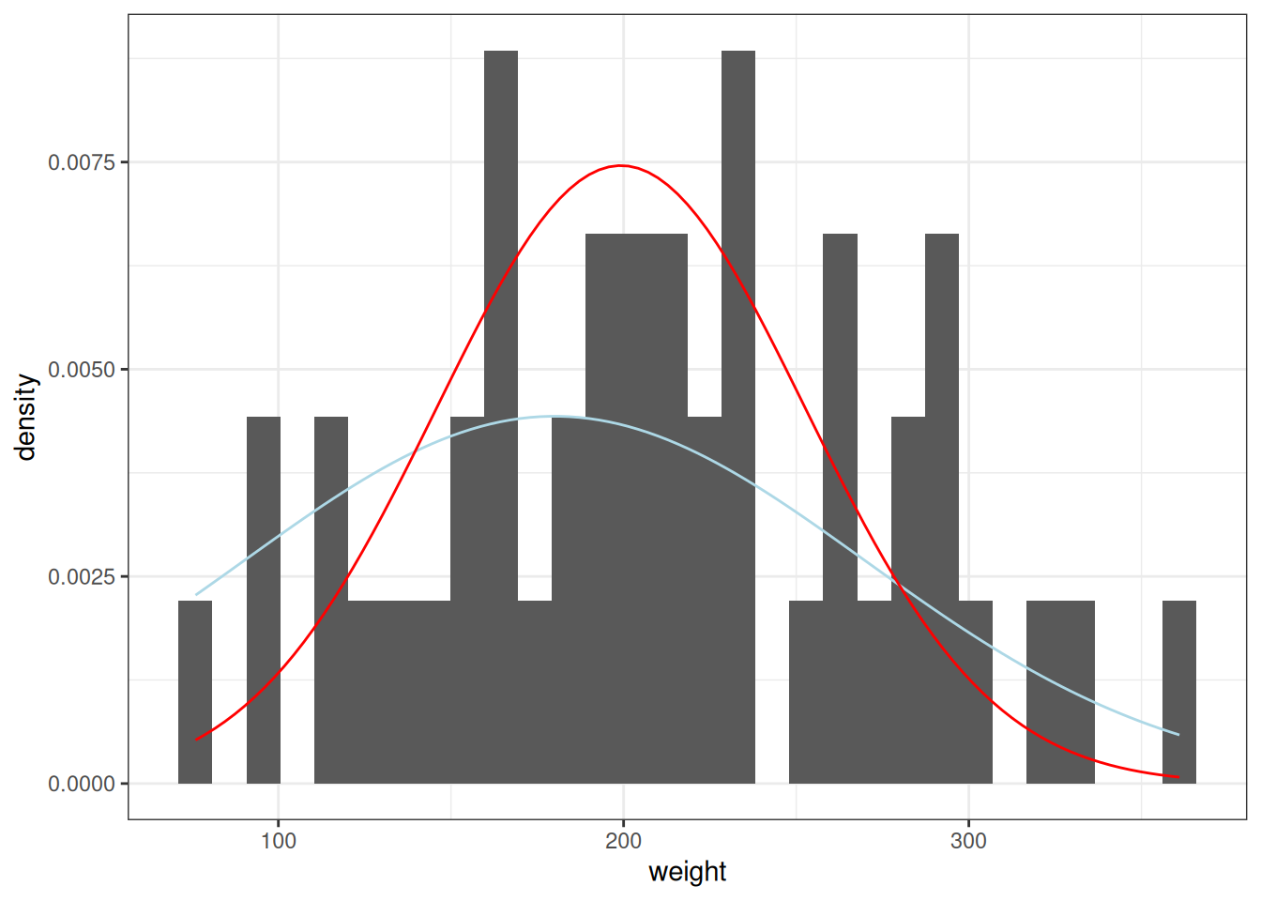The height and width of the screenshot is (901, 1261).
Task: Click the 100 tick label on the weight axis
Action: coord(278,840)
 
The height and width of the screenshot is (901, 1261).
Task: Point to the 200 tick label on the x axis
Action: coord(623,840)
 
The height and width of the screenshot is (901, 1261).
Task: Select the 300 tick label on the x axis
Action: coord(968,840)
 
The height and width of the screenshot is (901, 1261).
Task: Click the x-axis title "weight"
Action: coord(687,872)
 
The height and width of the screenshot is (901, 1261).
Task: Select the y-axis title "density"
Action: coord(25,417)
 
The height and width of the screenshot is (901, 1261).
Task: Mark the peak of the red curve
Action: coord(621,165)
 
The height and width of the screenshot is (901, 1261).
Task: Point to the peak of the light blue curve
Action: coord(554,416)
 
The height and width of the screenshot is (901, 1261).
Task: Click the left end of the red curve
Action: coord(196,741)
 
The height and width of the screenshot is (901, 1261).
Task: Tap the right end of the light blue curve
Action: coord(1178,734)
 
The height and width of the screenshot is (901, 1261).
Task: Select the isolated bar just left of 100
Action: coord(264,600)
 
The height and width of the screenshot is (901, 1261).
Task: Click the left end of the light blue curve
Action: coord(196,594)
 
